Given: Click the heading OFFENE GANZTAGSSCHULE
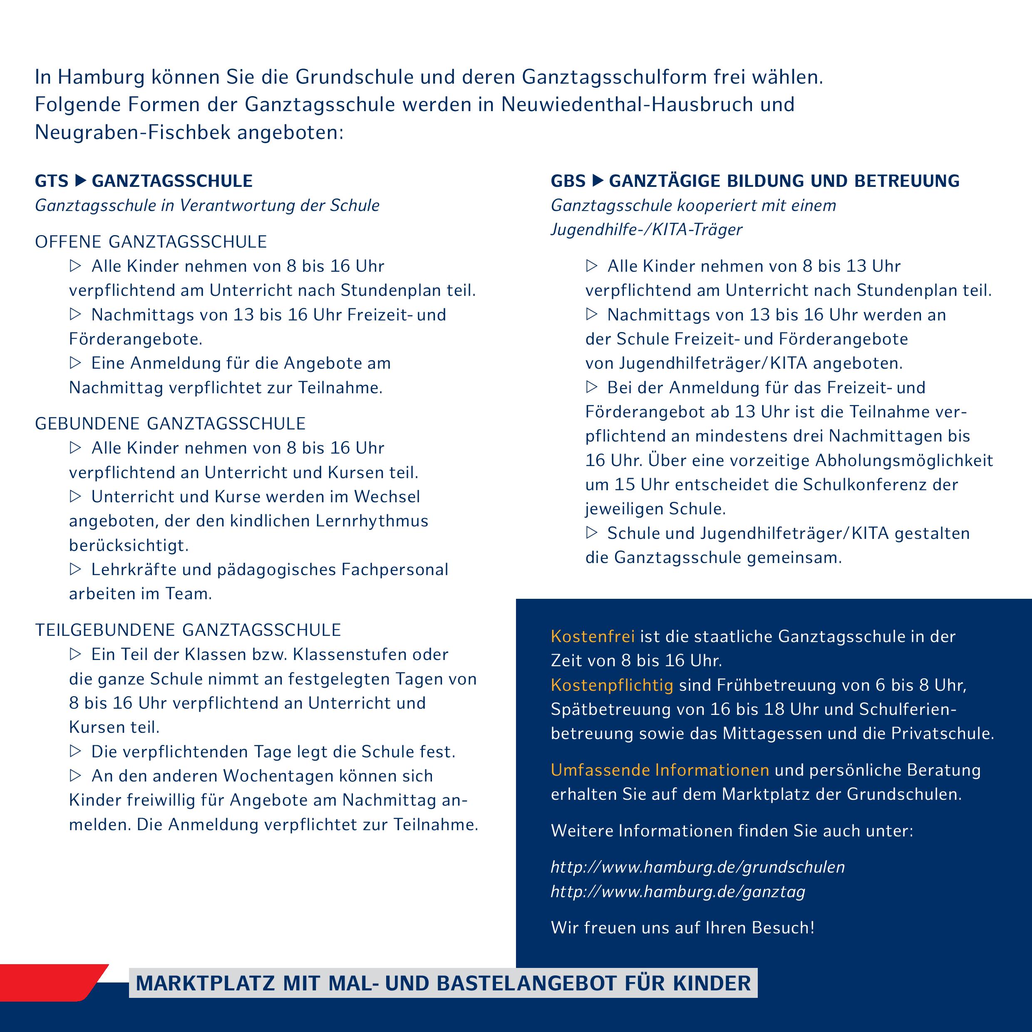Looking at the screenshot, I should [151, 242].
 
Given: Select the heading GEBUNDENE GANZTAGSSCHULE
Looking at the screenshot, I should [170, 424].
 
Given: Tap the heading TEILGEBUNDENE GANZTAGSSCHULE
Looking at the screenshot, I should [188, 630].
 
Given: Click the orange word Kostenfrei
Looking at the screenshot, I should [593, 637].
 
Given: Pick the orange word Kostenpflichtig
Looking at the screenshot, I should [612, 685].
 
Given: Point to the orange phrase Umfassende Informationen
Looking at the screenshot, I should [660, 770].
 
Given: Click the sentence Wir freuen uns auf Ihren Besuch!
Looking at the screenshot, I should [682, 928].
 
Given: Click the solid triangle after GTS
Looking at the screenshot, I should [81, 181].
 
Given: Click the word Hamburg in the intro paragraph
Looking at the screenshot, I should [101, 77].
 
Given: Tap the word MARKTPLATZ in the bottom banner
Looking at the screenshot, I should [206, 983].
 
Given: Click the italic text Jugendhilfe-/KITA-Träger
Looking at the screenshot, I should [646, 230].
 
